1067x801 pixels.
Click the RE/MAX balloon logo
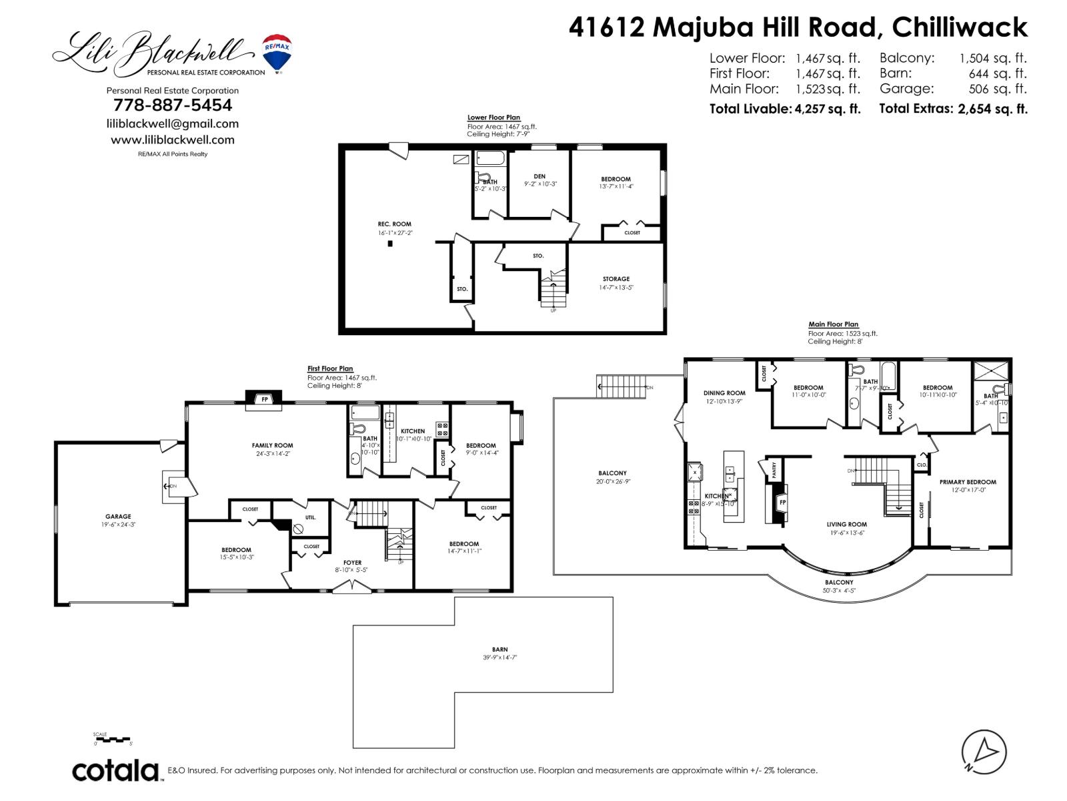point(277,53)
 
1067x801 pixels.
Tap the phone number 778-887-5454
point(173,105)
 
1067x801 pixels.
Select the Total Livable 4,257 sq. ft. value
point(828,109)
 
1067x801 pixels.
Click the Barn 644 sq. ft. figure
point(998,73)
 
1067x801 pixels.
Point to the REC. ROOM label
point(394,224)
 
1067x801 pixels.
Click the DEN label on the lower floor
point(540,176)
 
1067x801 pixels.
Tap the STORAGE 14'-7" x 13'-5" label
point(616,279)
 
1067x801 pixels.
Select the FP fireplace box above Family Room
point(265,399)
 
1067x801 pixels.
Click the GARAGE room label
point(118,516)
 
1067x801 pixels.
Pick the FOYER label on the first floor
point(352,563)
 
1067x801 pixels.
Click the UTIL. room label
point(311,517)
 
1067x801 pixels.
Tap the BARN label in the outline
point(499,649)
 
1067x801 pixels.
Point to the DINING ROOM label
point(724,393)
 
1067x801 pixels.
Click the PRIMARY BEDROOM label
point(968,482)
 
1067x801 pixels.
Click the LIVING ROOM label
point(846,524)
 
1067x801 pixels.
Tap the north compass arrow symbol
point(984,752)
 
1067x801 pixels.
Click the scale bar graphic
point(113,740)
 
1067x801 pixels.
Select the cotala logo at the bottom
point(115,770)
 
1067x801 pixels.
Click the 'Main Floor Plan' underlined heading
point(833,324)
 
